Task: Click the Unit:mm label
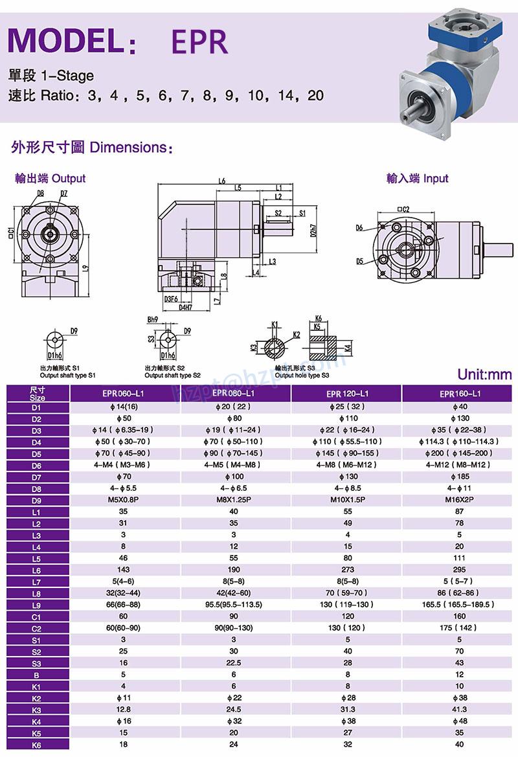(x=484, y=374)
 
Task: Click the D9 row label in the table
(x=36, y=499)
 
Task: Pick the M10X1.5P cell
(x=347, y=499)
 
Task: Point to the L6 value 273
(x=347, y=569)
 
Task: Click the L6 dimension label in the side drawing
(x=222, y=181)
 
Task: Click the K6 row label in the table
(x=36, y=744)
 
